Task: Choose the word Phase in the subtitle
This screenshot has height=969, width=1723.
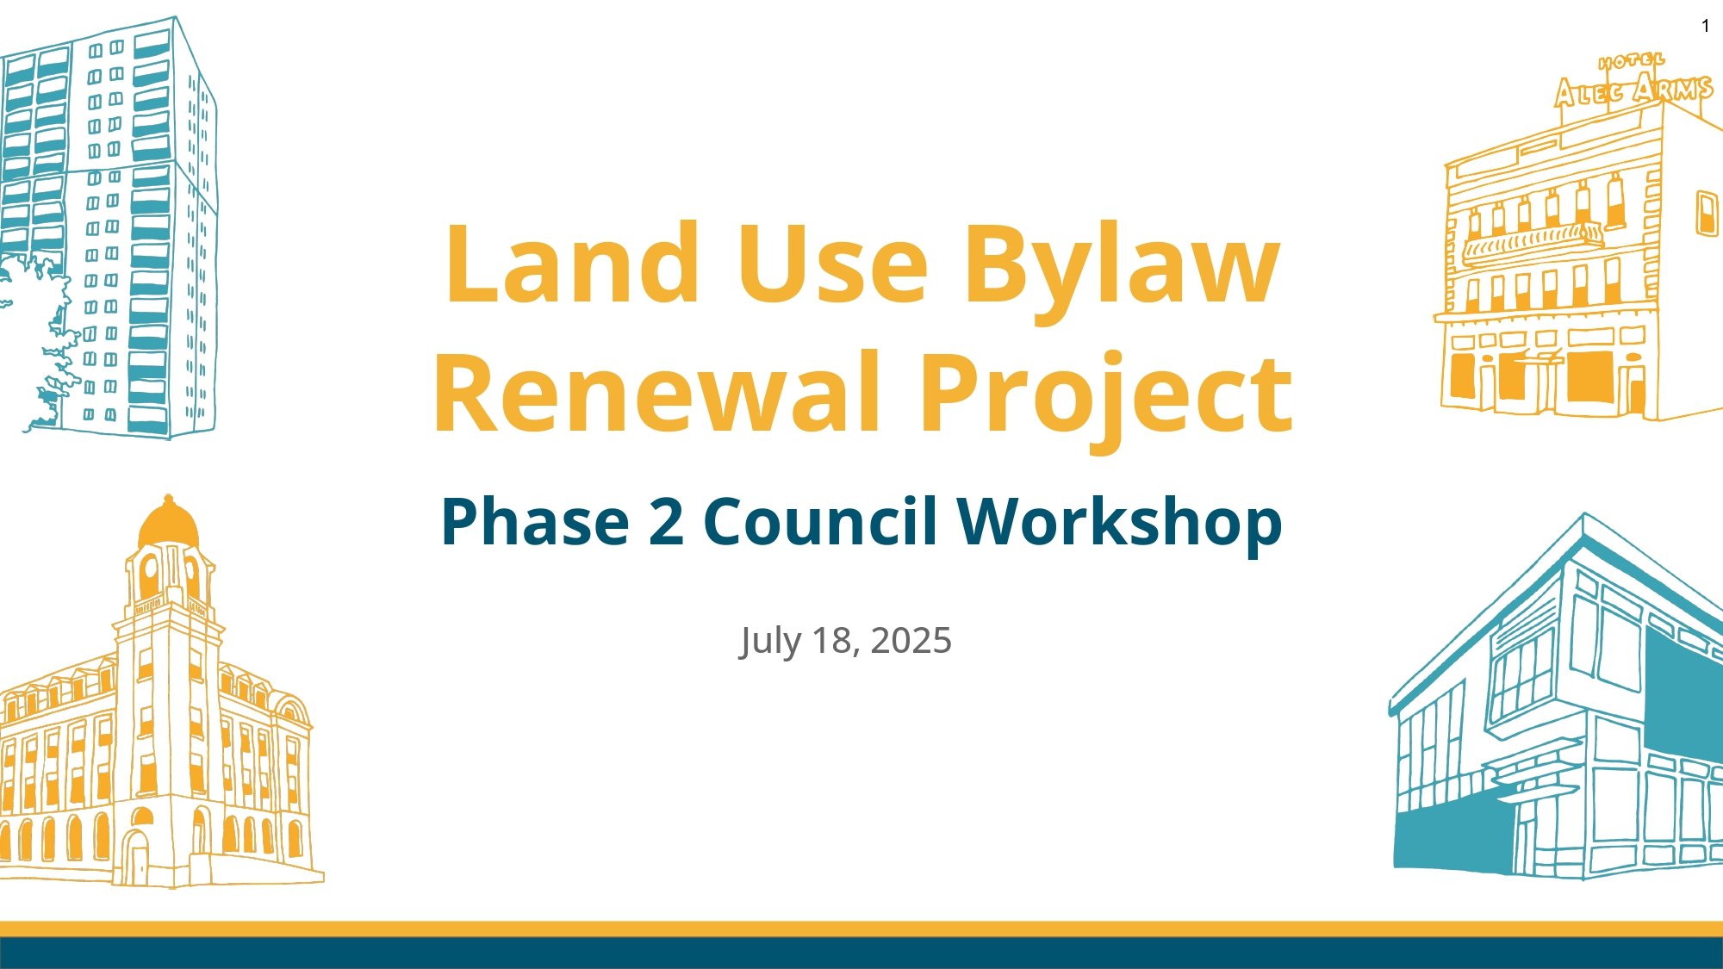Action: [535, 522]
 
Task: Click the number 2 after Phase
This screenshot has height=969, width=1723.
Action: [666, 522]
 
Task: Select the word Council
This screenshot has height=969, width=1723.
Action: [820, 522]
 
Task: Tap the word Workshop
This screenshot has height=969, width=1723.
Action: [1119, 522]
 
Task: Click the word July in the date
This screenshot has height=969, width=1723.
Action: [769, 641]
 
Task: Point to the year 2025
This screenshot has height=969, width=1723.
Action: [911, 641]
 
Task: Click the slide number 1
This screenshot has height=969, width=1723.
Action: [1705, 27]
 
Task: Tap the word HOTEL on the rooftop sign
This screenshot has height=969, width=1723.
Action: [1631, 61]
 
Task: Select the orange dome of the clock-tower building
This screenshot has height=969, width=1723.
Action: [168, 524]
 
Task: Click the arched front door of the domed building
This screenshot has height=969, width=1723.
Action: [137, 857]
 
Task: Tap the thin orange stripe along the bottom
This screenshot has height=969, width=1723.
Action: [861, 929]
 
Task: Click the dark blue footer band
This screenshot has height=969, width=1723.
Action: [861, 953]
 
